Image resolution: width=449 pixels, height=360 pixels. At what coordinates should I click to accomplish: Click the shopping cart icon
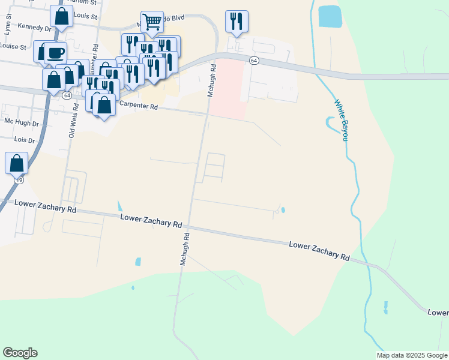click(x=152, y=22)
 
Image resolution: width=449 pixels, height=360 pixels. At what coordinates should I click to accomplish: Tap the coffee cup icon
click(x=55, y=52)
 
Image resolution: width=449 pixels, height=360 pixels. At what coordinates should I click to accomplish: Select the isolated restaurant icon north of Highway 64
click(x=237, y=21)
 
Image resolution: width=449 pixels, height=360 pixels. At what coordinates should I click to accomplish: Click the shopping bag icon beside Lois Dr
click(x=16, y=163)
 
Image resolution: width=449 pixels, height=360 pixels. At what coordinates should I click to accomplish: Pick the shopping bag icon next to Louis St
click(x=61, y=16)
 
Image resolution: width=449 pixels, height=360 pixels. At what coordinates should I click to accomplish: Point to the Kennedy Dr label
click(x=35, y=27)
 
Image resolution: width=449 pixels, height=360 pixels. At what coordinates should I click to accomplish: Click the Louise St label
click(x=14, y=46)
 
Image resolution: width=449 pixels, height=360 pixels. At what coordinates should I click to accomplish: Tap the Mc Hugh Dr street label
click(x=21, y=122)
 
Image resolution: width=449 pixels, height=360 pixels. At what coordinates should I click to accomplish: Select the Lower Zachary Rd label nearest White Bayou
click(x=319, y=251)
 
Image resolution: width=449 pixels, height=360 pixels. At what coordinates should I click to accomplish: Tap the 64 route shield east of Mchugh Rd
click(x=254, y=61)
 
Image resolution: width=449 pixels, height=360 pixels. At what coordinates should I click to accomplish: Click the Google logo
click(x=20, y=353)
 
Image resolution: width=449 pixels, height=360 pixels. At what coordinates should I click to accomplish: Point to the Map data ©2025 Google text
click(x=411, y=355)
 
